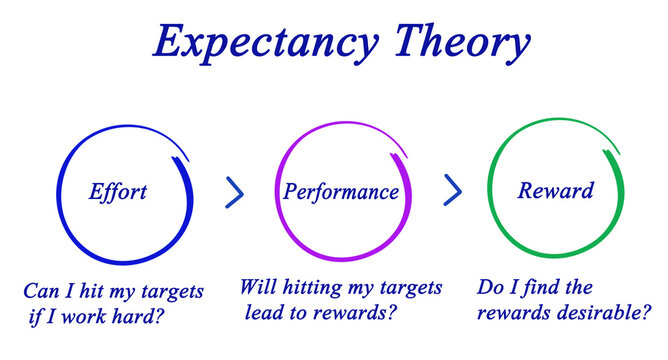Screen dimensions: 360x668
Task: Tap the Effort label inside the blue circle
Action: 118,191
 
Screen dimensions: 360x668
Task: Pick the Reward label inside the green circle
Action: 555,190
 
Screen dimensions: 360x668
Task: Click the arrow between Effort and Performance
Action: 235,192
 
